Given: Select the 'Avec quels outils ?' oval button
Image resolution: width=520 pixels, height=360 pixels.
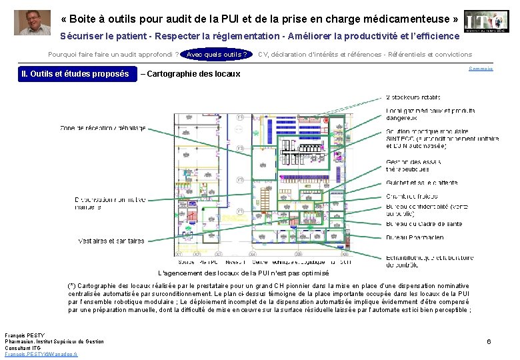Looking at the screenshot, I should tap(216, 55).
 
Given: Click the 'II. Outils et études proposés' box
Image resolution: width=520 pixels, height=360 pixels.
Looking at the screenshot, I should tap(75, 73).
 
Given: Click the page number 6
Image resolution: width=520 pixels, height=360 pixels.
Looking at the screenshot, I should tap(489, 341).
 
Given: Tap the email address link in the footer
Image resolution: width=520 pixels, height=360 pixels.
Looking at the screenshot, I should tap(41, 354).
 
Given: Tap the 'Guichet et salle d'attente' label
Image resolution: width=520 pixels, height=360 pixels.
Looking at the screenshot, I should tap(421, 183).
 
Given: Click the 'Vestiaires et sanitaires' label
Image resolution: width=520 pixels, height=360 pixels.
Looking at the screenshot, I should tap(111, 241).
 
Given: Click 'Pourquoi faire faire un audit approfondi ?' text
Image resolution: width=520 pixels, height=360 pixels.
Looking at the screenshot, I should tap(113, 55).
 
